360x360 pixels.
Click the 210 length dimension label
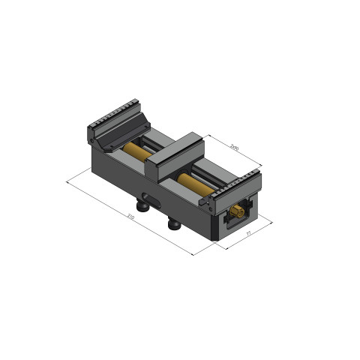(131, 217)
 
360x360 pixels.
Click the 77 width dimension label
(248, 235)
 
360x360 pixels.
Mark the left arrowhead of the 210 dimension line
(68, 180)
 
